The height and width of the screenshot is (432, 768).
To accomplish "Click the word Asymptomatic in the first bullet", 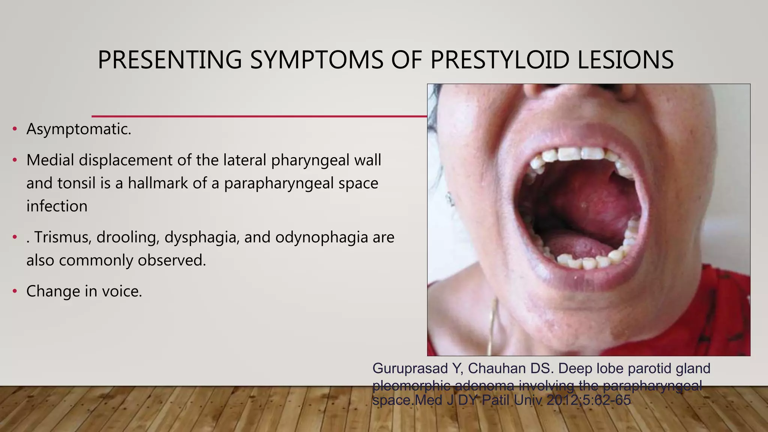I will (x=79, y=129).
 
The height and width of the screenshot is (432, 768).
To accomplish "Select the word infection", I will (x=57, y=206).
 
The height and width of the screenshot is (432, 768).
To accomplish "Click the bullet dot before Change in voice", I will (x=15, y=291).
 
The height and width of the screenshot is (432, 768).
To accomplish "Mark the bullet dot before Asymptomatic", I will (x=15, y=129).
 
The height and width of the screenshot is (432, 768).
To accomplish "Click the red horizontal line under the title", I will (x=259, y=116).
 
